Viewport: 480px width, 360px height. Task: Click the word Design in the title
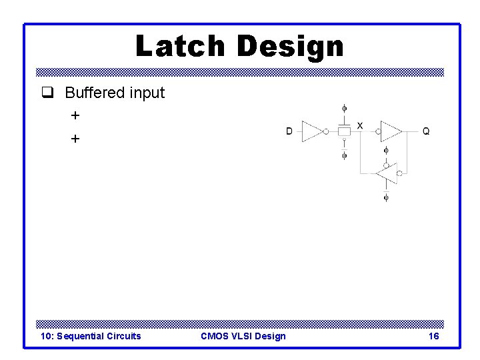pyautogui.click(x=290, y=47)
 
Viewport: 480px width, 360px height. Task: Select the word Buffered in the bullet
pyautogui.click(x=95, y=93)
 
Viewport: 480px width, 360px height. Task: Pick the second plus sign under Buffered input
pyautogui.click(x=75, y=139)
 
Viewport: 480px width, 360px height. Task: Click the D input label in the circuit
pyautogui.click(x=289, y=131)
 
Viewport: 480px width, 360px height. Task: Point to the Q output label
pyautogui.click(x=426, y=131)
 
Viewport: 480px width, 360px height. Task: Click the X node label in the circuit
pyautogui.click(x=360, y=125)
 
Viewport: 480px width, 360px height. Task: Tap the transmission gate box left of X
pyautogui.click(x=344, y=131)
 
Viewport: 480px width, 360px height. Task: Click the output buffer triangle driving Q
pyautogui.click(x=391, y=131)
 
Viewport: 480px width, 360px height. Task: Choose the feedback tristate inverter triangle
pyautogui.click(x=386, y=173)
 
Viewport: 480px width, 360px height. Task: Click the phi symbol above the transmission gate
pyautogui.click(x=344, y=108)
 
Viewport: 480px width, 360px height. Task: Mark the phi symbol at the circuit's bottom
pyautogui.click(x=386, y=197)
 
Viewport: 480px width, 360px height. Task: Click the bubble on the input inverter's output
pyautogui.click(x=326, y=131)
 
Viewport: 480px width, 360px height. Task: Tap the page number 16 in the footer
pyautogui.click(x=433, y=336)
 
